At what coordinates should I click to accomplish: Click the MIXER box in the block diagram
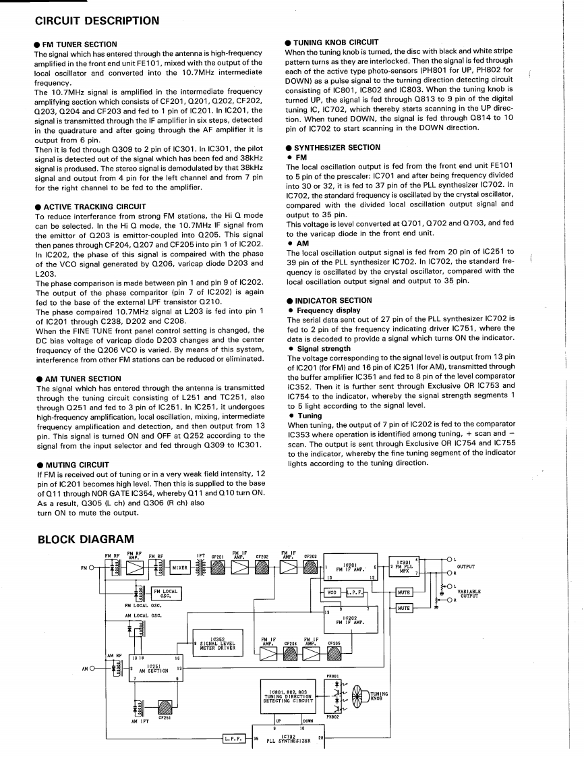pos(180,567)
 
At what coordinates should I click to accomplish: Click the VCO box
pos(331,592)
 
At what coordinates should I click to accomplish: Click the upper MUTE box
pos(404,592)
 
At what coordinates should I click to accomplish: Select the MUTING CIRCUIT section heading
pos(78,465)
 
